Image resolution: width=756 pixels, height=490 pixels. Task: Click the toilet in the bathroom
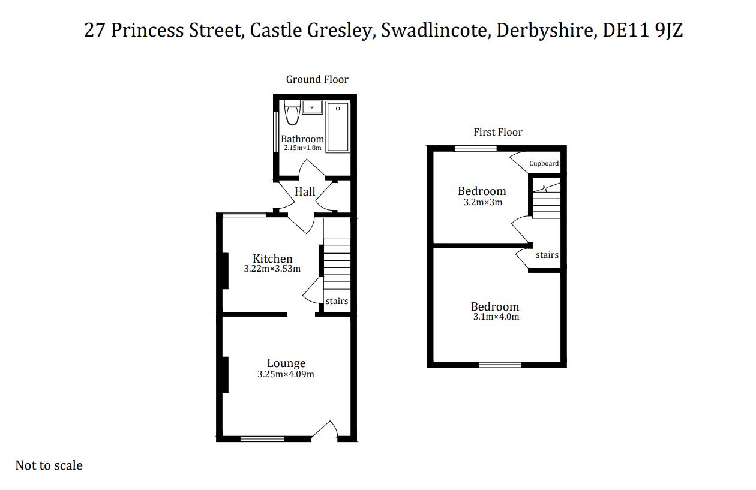[x=292, y=113]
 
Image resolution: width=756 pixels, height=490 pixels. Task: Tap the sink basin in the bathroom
[x=312, y=107]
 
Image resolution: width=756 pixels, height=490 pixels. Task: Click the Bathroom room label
[x=302, y=139]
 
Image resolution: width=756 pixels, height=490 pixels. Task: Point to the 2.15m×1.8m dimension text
[x=302, y=148]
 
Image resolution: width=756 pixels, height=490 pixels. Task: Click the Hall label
[x=305, y=192]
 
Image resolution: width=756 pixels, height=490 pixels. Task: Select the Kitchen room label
[x=272, y=258]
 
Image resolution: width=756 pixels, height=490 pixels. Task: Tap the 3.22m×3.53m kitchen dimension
[x=272, y=269]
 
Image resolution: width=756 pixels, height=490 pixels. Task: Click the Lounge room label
[x=286, y=363]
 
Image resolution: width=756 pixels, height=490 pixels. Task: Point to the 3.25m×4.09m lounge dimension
[x=286, y=374]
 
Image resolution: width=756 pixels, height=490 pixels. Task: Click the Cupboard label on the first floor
[x=544, y=163]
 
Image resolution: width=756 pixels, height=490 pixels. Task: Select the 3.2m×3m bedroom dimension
[x=482, y=202]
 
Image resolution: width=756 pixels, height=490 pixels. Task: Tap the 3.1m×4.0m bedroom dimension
[x=496, y=317]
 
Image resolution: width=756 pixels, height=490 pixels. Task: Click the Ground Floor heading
[x=317, y=79]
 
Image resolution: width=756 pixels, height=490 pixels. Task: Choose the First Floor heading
[x=498, y=132]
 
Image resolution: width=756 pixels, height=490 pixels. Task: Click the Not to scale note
[x=49, y=465]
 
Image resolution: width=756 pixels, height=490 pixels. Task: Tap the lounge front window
[x=262, y=439]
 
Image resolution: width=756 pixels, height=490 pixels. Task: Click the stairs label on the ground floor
[x=337, y=301]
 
